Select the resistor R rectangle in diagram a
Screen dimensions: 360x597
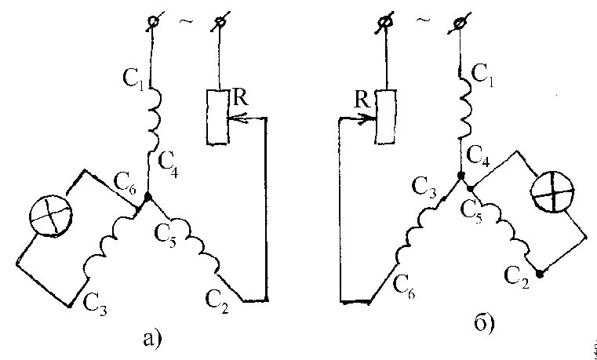click(217, 117)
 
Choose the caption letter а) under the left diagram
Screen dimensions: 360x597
click(152, 338)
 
